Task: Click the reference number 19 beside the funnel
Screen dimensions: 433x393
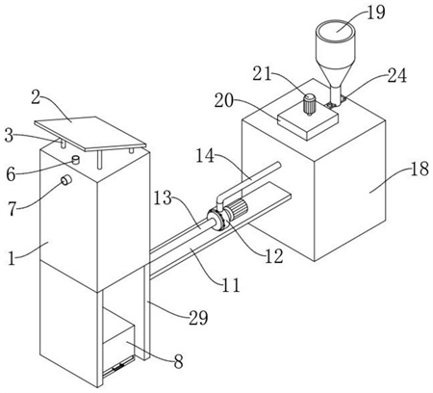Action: click(x=375, y=13)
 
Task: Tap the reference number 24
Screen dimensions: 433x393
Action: click(x=397, y=76)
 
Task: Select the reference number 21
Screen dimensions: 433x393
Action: click(x=262, y=74)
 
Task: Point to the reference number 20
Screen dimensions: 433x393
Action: click(x=223, y=100)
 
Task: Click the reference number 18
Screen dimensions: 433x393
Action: click(x=420, y=169)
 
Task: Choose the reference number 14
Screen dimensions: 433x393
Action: click(x=205, y=156)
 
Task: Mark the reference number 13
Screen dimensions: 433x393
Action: click(x=163, y=198)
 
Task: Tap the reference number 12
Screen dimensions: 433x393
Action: click(x=273, y=256)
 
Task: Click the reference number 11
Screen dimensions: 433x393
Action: click(x=231, y=284)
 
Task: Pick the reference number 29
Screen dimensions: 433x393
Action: click(x=198, y=318)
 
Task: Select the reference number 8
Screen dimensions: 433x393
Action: click(x=178, y=361)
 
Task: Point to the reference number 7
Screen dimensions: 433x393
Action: click(x=12, y=209)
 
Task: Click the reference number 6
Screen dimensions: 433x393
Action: click(x=11, y=174)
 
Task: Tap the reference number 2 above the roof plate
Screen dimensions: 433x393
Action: click(x=36, y=97)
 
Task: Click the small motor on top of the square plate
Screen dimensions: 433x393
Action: click(x=310, y=104)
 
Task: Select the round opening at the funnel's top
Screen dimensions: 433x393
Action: click(x=335, y=31)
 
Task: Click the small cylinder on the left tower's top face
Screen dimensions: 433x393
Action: click(x=75, y=160)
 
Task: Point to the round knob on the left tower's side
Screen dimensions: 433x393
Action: click(x=66, y=180)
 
